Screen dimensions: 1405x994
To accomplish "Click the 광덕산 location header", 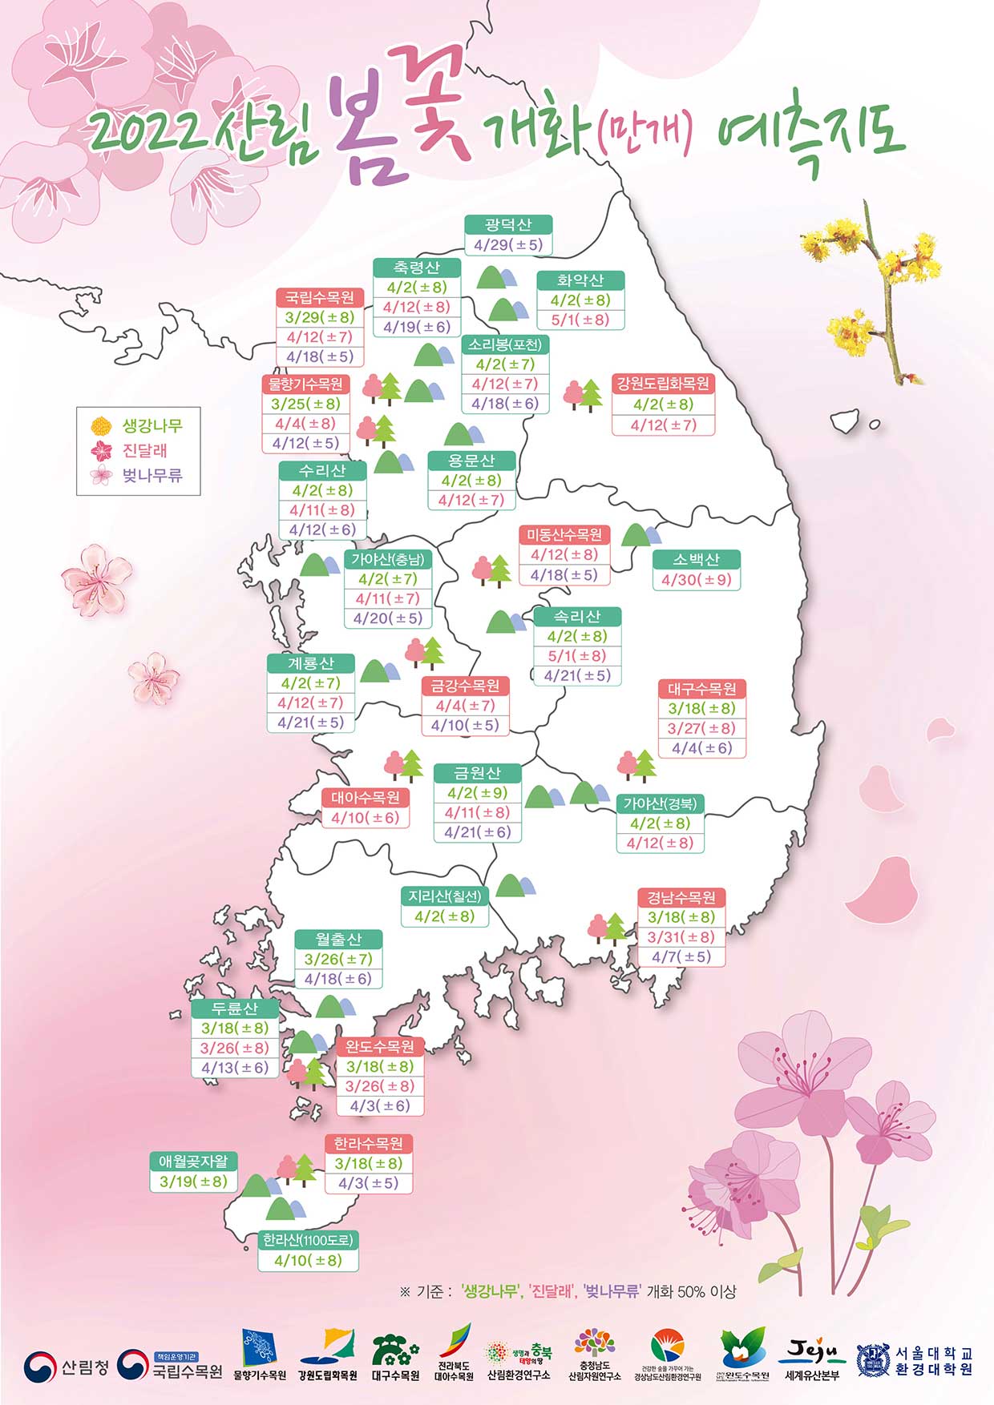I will (508, 225).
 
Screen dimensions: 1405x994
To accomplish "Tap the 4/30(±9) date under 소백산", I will (696, 579).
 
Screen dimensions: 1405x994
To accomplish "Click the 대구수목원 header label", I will (702, 689).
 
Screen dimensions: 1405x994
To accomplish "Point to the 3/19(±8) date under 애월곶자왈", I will (193, 1182).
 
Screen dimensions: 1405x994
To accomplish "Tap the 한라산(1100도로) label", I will (308, 1240).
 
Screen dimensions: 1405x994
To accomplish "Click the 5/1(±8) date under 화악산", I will (580, 320).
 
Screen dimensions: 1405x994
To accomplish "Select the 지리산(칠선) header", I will (444, 896).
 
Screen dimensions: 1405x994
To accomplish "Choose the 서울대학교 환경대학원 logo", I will (915, 1361).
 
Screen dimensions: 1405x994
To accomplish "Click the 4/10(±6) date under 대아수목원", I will (365, 818).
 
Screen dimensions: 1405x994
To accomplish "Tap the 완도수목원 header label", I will (380, 1047).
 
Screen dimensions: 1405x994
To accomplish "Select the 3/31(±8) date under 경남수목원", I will (681, 936).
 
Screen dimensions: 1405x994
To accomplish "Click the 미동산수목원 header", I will (564, 535).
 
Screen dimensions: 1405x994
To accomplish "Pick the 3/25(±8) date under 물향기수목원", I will (305, 404).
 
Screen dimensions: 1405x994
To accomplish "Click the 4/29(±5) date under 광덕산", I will (508, 245).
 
